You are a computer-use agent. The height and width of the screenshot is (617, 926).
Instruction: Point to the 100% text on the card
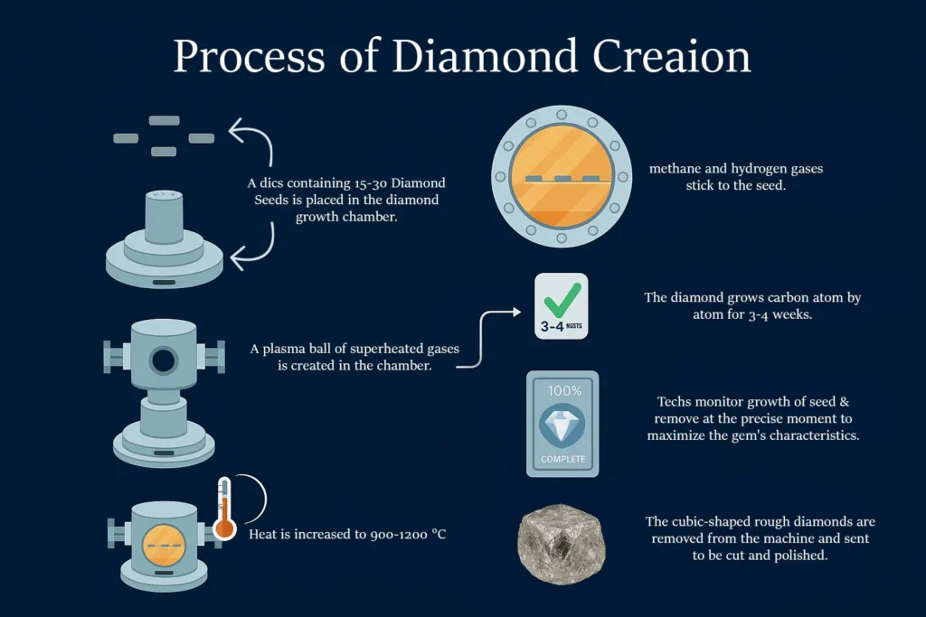coord(562,390)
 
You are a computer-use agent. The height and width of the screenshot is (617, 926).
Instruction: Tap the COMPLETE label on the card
coord(562,459)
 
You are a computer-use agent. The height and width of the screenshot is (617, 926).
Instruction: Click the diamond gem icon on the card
coord(562,425)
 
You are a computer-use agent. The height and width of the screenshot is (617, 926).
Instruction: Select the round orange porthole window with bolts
coord(562,177)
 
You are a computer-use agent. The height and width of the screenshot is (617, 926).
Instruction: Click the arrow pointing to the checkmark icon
coord(488,340)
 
